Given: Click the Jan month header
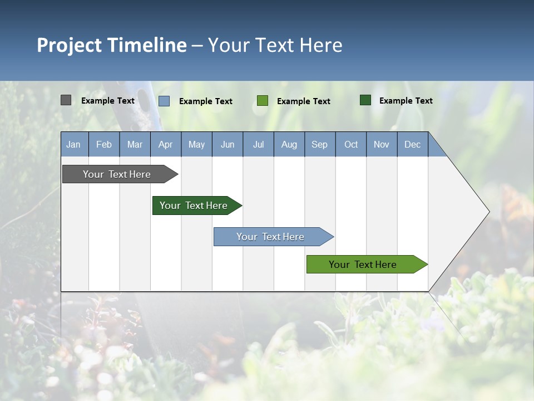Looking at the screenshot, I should click(73, 144).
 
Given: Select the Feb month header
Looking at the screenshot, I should click(104, 144).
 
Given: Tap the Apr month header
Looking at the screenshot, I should click(166, 144).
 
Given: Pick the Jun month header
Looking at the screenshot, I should click(228, 144).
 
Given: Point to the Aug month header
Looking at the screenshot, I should click(289, 144).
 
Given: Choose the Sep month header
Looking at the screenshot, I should click(320, 144).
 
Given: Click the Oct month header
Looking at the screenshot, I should click(351, 144).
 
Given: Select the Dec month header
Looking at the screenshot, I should click(413, 144).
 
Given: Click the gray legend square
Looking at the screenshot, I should click(66, 100).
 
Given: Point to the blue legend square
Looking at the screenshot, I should click(164, 101).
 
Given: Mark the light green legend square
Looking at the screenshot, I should click(263, 100).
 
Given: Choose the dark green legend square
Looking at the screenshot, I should click(365, 100).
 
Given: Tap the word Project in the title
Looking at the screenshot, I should click(70, 45).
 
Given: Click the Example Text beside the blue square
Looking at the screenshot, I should click(206, 101).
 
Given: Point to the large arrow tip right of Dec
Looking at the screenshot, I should click(467, 212).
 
